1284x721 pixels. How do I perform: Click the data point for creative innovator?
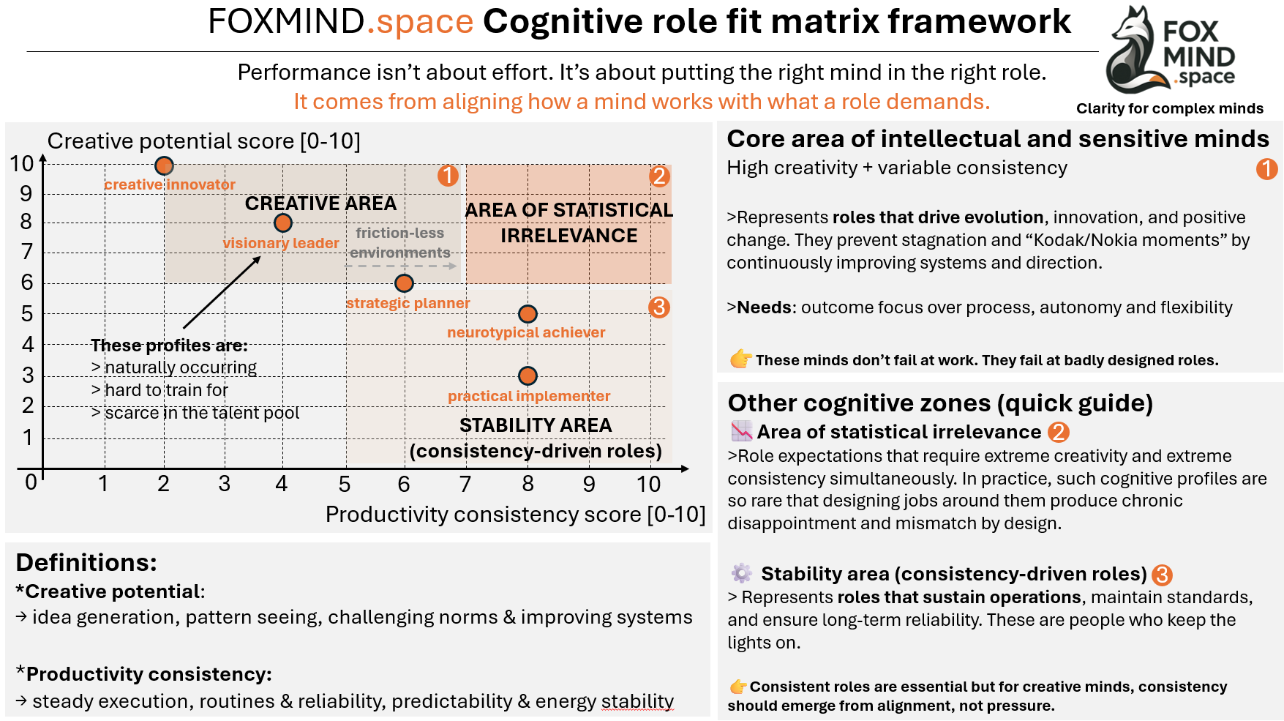(164, 165)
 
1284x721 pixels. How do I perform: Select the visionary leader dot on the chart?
(283, 223)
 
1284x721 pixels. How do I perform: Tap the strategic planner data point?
(404, 283)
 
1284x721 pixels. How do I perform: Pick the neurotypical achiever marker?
(528, 314)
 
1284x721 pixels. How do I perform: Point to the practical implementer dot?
(528, 376)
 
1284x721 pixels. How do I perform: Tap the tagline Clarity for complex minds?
(1169, 108)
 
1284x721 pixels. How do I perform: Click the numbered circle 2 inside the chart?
(658, 176)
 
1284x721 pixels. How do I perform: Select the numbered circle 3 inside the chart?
(658, 307)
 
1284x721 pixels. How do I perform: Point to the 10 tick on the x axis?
(648, 484)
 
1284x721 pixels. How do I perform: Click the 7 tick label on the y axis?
(26, 252)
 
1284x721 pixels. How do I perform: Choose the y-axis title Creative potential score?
(203, 141)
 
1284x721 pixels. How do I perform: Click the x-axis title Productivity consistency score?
(515, 515)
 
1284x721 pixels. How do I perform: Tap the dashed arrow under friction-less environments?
(402, 266)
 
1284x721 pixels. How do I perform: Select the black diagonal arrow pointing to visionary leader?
(222, 293)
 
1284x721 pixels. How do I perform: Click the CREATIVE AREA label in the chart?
(320, 203)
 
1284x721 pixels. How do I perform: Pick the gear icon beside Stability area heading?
(741, 573)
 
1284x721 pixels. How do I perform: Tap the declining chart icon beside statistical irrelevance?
(741, 431)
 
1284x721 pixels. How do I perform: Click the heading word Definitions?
(86, 562)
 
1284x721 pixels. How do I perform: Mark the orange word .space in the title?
(420, 22)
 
